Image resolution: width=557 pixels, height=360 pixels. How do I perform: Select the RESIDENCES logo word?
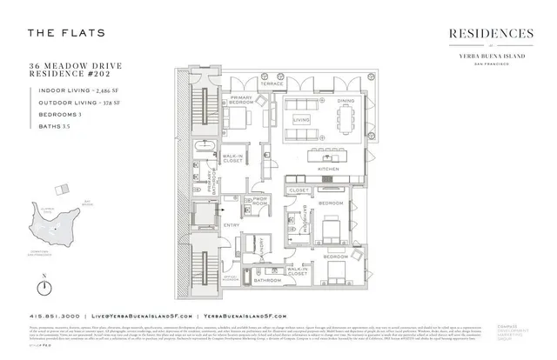point(491,33)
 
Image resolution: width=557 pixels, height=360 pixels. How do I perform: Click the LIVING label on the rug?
point(301,120)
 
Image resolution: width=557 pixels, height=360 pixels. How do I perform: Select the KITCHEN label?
point(328,167)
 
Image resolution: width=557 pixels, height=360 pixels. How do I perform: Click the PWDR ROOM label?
point(258,201)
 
